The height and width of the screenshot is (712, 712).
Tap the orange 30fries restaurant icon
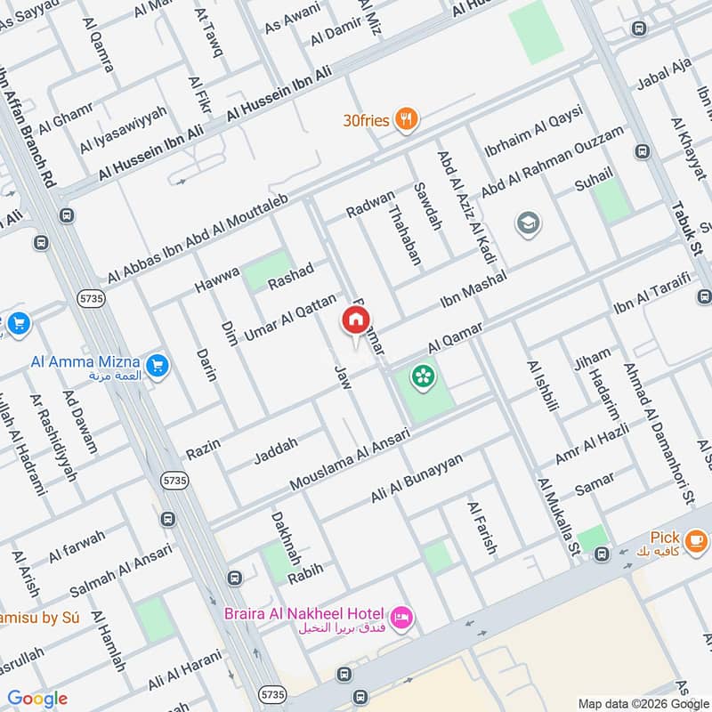coord(408,118)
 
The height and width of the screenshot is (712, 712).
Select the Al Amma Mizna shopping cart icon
coord(158,365)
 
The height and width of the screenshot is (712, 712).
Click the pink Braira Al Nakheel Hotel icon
coord(402,617)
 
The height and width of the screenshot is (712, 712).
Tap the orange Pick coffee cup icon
coord(697,538)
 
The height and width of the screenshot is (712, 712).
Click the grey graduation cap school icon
coord(528,221)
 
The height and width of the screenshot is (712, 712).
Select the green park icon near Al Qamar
coord(423,377)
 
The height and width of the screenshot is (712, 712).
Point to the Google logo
coord(37,699)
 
